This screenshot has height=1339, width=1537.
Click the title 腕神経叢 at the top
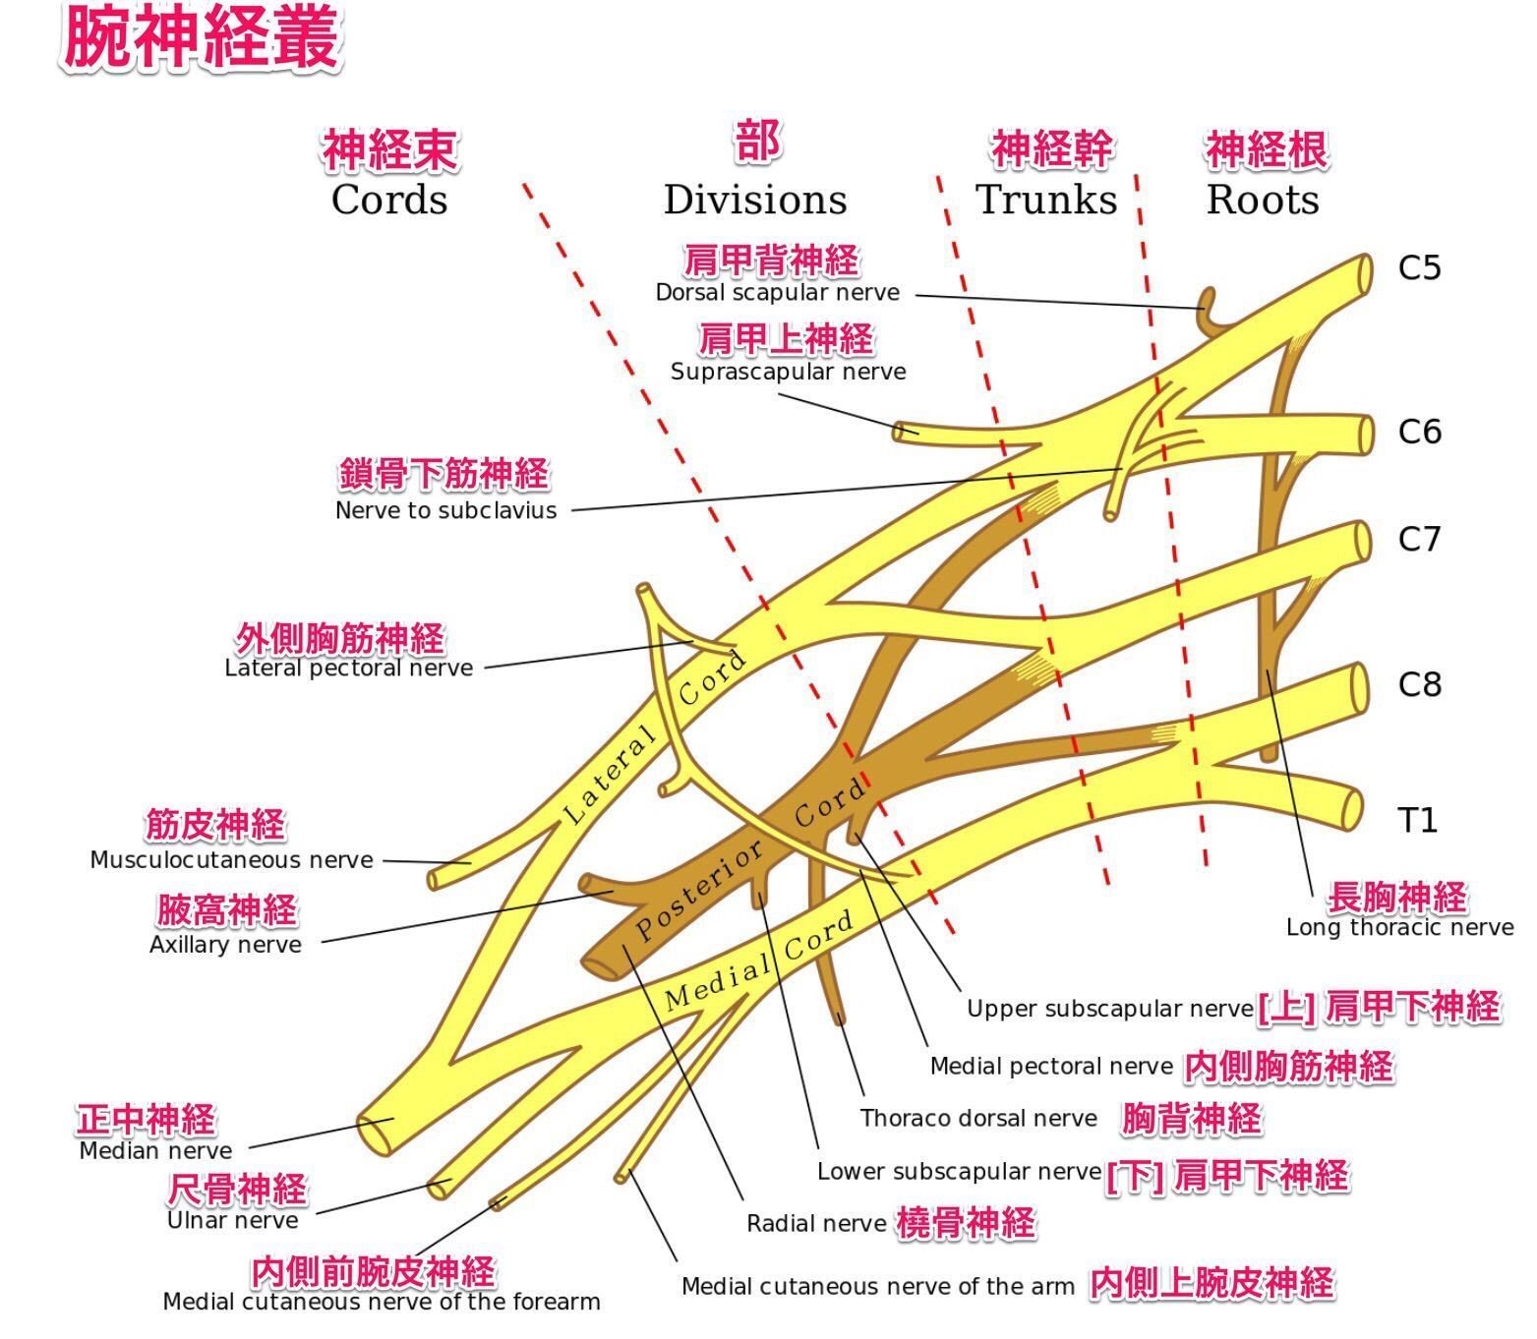point(202,39)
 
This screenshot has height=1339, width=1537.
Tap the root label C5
point(1419,268)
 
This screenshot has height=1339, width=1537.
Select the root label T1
point(1417,820)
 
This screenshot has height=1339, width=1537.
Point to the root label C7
point(1419,539)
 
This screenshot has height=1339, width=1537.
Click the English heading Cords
point(389,200)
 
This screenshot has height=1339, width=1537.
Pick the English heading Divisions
point(754,200)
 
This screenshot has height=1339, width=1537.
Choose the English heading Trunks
point(1046,200)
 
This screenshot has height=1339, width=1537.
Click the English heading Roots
point(1263,200)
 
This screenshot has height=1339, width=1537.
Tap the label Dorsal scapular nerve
point(777,292)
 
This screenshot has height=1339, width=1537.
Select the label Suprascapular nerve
point(788,372)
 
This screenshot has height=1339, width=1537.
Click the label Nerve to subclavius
point(445,510)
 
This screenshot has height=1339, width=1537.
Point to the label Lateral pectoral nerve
point(348,669)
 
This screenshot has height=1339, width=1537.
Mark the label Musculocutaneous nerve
point(231,860)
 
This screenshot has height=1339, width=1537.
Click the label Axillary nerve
point(225,945)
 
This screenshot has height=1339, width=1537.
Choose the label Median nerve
point(155,1150)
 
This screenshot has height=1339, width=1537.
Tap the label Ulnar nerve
point(232,1220)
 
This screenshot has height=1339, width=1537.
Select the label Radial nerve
point(816,1224)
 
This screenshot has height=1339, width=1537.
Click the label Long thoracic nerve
point(1399,927)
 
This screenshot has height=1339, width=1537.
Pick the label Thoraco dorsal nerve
point(978,1118)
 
